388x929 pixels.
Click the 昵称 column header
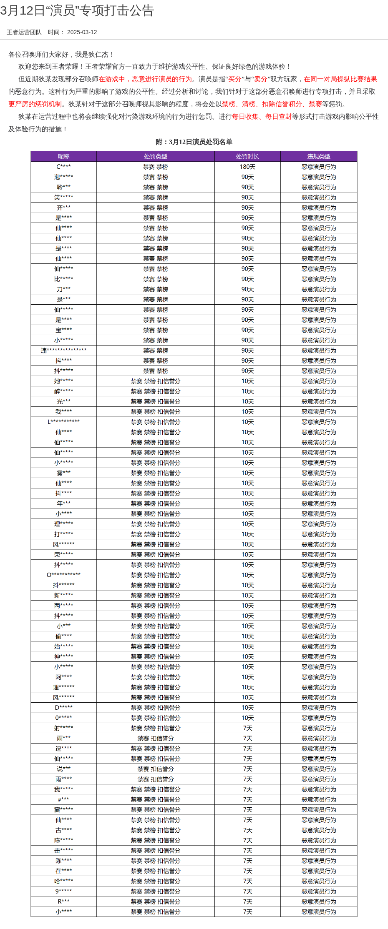click(x=63, y=156)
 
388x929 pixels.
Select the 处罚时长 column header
click(x=247, y=156)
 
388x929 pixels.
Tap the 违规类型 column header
click(x=319, y=156)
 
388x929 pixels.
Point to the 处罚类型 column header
click(x=156, y=156)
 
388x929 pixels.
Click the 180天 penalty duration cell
click(x=247, y=167)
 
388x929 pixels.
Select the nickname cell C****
click(x=63, y=167)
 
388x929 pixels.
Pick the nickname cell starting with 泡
click(x=63, y=177)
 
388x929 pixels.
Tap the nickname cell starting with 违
click(x=63, y=351)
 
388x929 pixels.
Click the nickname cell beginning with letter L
click(x=63, y=422)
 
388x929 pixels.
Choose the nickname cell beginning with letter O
click(x=63, y=575)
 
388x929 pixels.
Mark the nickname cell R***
click(x=63, y=901)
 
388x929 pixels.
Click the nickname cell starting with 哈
click(x=63, y=881)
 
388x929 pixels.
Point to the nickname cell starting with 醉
click(x=63, y=391)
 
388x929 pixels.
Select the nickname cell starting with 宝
click(x=63, y=330)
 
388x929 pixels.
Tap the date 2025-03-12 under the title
click(x=82, y=32)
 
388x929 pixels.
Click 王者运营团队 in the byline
click(x=24, y=32)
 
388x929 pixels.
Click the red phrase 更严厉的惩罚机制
click(x=35, y=104)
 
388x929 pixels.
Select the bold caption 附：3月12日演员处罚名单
click(x=194, y=142)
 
